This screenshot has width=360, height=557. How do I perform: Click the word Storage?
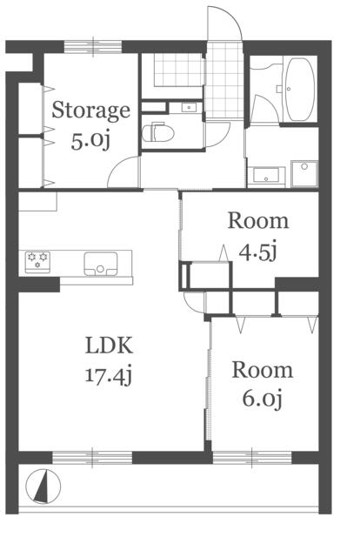[x=91, y=111]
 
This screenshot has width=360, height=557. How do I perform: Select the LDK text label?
[x=109, y=345]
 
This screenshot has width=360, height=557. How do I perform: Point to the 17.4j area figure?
[x=109, y=375]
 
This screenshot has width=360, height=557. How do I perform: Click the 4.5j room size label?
[x=257, y=252]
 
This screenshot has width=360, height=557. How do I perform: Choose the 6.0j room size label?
[x=263, y=399]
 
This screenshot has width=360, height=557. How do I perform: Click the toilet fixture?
[x=158, y=132]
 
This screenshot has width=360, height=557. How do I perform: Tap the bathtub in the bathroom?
[x=300, y=90]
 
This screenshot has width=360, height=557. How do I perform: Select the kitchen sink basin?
[x=101, y=264]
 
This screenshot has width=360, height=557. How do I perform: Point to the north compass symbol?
[x=43, y=487]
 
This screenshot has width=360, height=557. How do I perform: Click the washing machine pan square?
[x=304, y=173]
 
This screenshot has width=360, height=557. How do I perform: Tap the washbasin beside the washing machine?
[x=266, y=176]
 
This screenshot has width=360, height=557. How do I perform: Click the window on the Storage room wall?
[x=93, y=46]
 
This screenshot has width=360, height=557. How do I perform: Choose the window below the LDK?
[x=92, y=457]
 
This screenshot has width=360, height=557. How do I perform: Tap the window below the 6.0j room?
[x=252, y=457]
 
